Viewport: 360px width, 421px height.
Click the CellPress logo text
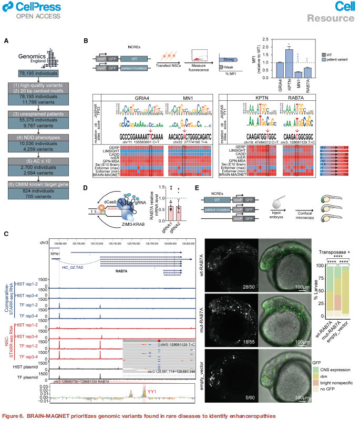[x=33, y=7]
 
